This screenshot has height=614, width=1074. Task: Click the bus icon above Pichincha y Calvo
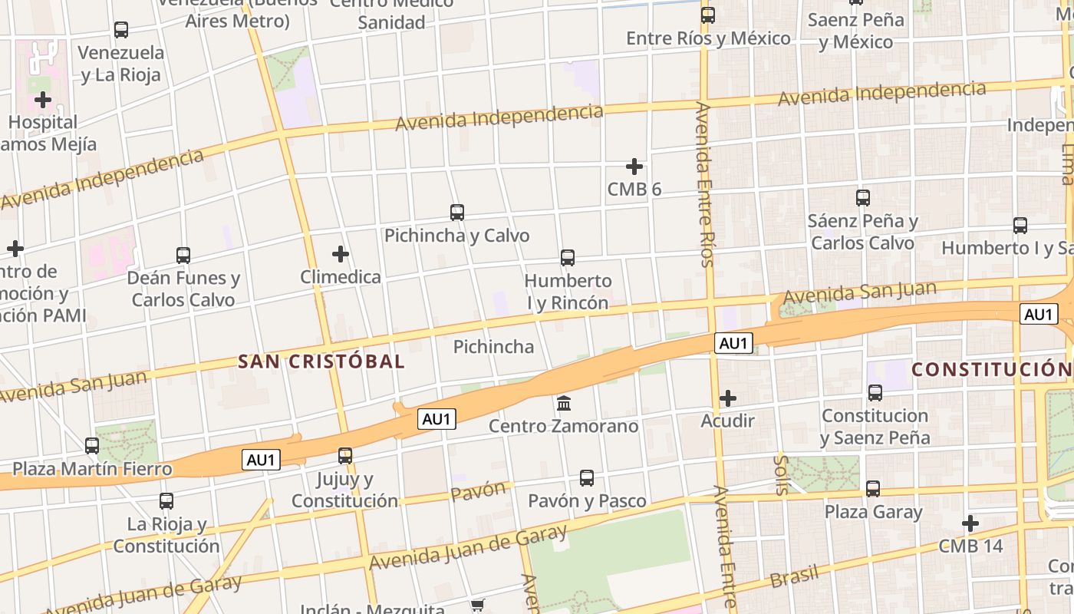pyautogui.click(x=457, y=213)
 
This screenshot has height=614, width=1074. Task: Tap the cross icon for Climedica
pyautogui.click(x=341, y=254)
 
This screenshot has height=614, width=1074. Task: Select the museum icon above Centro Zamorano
pyautogui.click(x=564, y=403)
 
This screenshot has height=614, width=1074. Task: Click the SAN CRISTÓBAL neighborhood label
pyautogui.click(x=321, y=361)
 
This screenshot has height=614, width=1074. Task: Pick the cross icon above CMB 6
pyautogui.click(x=634, y=167)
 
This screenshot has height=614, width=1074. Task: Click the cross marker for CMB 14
pyautogui.click(x=970, y=523)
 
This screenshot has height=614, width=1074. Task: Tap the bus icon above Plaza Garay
pyautogui.click(x=873, y=489)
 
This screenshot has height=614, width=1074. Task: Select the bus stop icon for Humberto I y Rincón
pyautogui.click(x=568, y=258)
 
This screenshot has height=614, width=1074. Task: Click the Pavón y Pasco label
pyautogui.click(x=587, y=501)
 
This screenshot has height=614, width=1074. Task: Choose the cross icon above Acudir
pyautogui.click(x=728, y=398)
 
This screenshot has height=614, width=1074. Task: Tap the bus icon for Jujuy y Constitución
pyautogui.click(x=345, y=456)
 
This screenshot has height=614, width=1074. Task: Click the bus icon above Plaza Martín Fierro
pyautogui.click(x=92, y=445)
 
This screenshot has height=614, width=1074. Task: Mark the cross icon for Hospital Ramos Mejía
pyautogui.click(x=43, y=100)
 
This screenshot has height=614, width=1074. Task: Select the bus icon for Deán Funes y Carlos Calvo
pyautogui.click(x=183, y=256)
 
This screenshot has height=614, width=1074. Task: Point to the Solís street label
pyautogui.click(x=781, y=474)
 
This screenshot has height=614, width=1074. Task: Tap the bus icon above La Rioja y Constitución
pyautogui.click(x=166, y=501)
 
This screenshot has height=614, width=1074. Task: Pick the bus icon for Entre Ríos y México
pyautogui.click(x=708, y=15)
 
